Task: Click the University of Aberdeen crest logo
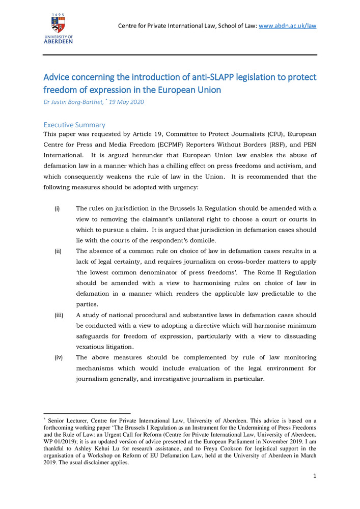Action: point(58,24)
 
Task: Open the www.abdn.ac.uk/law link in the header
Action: point(288,25)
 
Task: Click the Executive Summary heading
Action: point(74,125)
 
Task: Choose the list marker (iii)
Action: point(59,315)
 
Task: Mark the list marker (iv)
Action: point(59,358)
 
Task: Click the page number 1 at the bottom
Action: point(315,476)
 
